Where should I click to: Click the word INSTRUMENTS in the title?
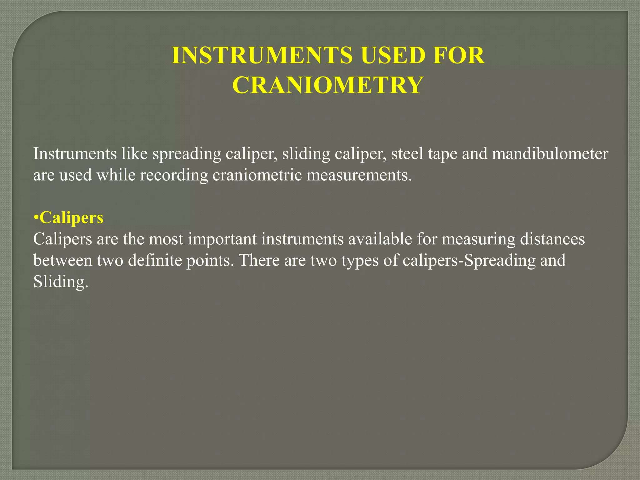[x=262, y=55]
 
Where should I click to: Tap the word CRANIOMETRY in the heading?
[x=328, y=85]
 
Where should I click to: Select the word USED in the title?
[x=392, y=55]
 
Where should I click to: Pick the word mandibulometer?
[x=550, y=154]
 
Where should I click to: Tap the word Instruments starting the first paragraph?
[x=75, y=154]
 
